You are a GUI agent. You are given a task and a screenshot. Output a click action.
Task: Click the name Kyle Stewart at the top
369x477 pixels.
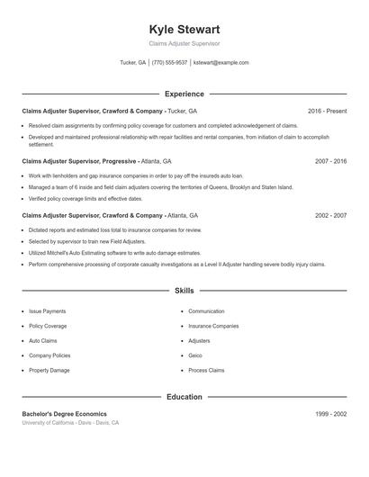tap(184, 29)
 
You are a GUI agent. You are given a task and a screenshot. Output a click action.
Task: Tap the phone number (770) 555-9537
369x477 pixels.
tap(169, 63)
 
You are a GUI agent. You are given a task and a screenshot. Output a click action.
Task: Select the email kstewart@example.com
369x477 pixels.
tap(220, 63)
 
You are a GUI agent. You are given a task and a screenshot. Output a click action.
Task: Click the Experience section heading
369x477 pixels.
tap(184, 94)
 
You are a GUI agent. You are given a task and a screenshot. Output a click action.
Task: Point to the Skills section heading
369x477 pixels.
tap(184, 291)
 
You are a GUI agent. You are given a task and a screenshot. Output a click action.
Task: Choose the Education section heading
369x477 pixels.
tap(184, 396)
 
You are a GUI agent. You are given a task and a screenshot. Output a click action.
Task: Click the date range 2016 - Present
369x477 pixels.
tap(327, 111)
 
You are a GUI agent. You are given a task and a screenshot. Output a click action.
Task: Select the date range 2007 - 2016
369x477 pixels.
tap(330, 160)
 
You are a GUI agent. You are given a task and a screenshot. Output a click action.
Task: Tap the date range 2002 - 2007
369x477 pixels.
tap(330, 216)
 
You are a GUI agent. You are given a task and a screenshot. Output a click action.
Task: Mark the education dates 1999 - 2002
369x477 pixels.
tap(330, 413)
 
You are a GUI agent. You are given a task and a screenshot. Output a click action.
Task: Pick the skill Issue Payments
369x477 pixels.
tap(48, 311)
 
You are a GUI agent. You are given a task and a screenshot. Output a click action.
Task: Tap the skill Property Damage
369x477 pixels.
tap(49, 371)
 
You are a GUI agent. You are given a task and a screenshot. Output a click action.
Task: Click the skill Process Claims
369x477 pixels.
tap(206, 371)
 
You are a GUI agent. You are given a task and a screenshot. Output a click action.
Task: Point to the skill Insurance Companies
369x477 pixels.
tap(213, 326)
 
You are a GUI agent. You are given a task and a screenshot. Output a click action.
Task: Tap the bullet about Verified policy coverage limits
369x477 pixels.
tap(85, 198)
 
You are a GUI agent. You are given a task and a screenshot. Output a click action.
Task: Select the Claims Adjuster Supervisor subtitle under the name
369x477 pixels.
tap(184, 44)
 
